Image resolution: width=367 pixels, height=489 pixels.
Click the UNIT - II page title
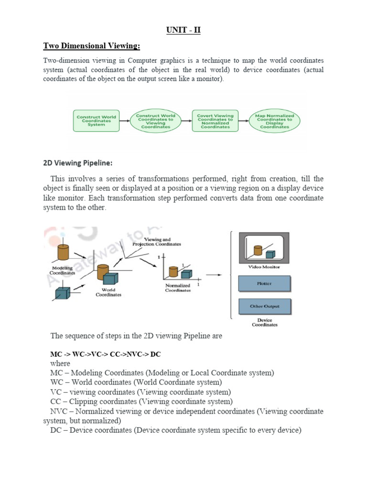(x=183, y=31)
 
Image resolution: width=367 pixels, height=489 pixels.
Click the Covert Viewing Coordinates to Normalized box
(x=216, y=121)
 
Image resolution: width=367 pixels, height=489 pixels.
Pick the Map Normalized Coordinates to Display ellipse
(x=275, y=121)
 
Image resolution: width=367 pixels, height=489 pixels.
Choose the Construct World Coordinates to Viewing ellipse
(x=156, y=121)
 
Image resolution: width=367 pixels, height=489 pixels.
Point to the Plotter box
(x=264, y=284)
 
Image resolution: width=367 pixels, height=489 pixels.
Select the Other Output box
(x=264, y=307)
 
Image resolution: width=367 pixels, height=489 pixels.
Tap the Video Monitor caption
(x=264, y=267)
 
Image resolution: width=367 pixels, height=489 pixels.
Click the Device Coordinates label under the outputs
(x=264, y=322)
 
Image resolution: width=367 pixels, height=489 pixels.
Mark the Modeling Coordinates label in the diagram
(x=62, y=271)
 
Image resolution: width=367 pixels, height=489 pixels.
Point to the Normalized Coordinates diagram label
(x=178, y=288)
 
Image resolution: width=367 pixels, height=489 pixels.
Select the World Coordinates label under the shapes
(x=108, y=292)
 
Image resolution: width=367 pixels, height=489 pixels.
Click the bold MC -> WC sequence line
(x=106, y=355)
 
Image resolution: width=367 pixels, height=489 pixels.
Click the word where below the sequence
(x=60, y=363)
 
